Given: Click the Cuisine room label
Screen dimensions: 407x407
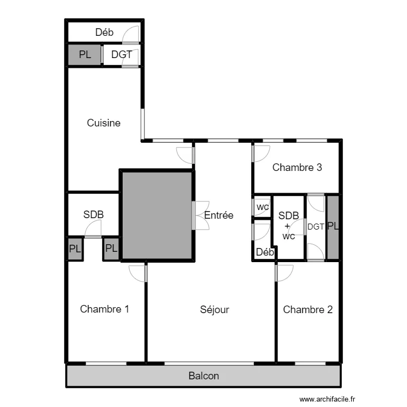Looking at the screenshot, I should coord(104,123).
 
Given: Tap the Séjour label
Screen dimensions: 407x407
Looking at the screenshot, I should coord(214,310).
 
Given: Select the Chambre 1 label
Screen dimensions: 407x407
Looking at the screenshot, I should coord(104,309).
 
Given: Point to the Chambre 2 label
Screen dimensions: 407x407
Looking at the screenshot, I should coord(308,310).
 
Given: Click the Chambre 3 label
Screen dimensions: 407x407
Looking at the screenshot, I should coord(297,168).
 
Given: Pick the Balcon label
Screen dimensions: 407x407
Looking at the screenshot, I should coord(203,376).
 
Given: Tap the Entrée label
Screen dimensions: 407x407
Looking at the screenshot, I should coord(219,215).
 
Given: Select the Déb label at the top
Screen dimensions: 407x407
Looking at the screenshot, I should coord(104,33).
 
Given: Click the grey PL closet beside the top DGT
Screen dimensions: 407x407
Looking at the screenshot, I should coord(85,55).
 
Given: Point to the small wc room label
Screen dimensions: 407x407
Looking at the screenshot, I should coord(263,207).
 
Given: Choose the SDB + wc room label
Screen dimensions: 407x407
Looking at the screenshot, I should coord(288,226).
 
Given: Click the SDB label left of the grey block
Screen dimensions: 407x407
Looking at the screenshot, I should coord(93,215).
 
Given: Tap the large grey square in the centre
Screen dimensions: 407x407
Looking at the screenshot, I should coord(156,215).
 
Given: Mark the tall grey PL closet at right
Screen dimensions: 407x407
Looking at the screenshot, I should coord(333,227).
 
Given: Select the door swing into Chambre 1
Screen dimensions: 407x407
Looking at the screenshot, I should coord(138,272).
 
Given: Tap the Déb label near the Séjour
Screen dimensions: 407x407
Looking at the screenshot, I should coord(265,252).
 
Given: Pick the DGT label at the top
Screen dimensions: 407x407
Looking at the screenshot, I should coord(122,55).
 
